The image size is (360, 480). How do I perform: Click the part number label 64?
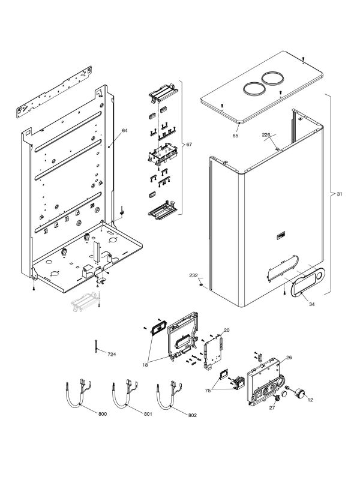point(125,130)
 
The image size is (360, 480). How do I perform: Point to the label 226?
point(266,135)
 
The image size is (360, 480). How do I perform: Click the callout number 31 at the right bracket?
point(340,194)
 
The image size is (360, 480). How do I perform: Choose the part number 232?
point(193,275)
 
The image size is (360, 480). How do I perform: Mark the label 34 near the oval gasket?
point(311,304)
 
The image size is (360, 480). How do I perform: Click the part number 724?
point(112,355)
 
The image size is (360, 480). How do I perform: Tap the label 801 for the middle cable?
point(148,415)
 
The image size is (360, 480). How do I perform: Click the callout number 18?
point(146,364)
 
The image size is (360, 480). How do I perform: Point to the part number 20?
point(227,330)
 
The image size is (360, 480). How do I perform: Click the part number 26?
point(289,358)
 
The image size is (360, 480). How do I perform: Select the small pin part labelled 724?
point(95,346)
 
